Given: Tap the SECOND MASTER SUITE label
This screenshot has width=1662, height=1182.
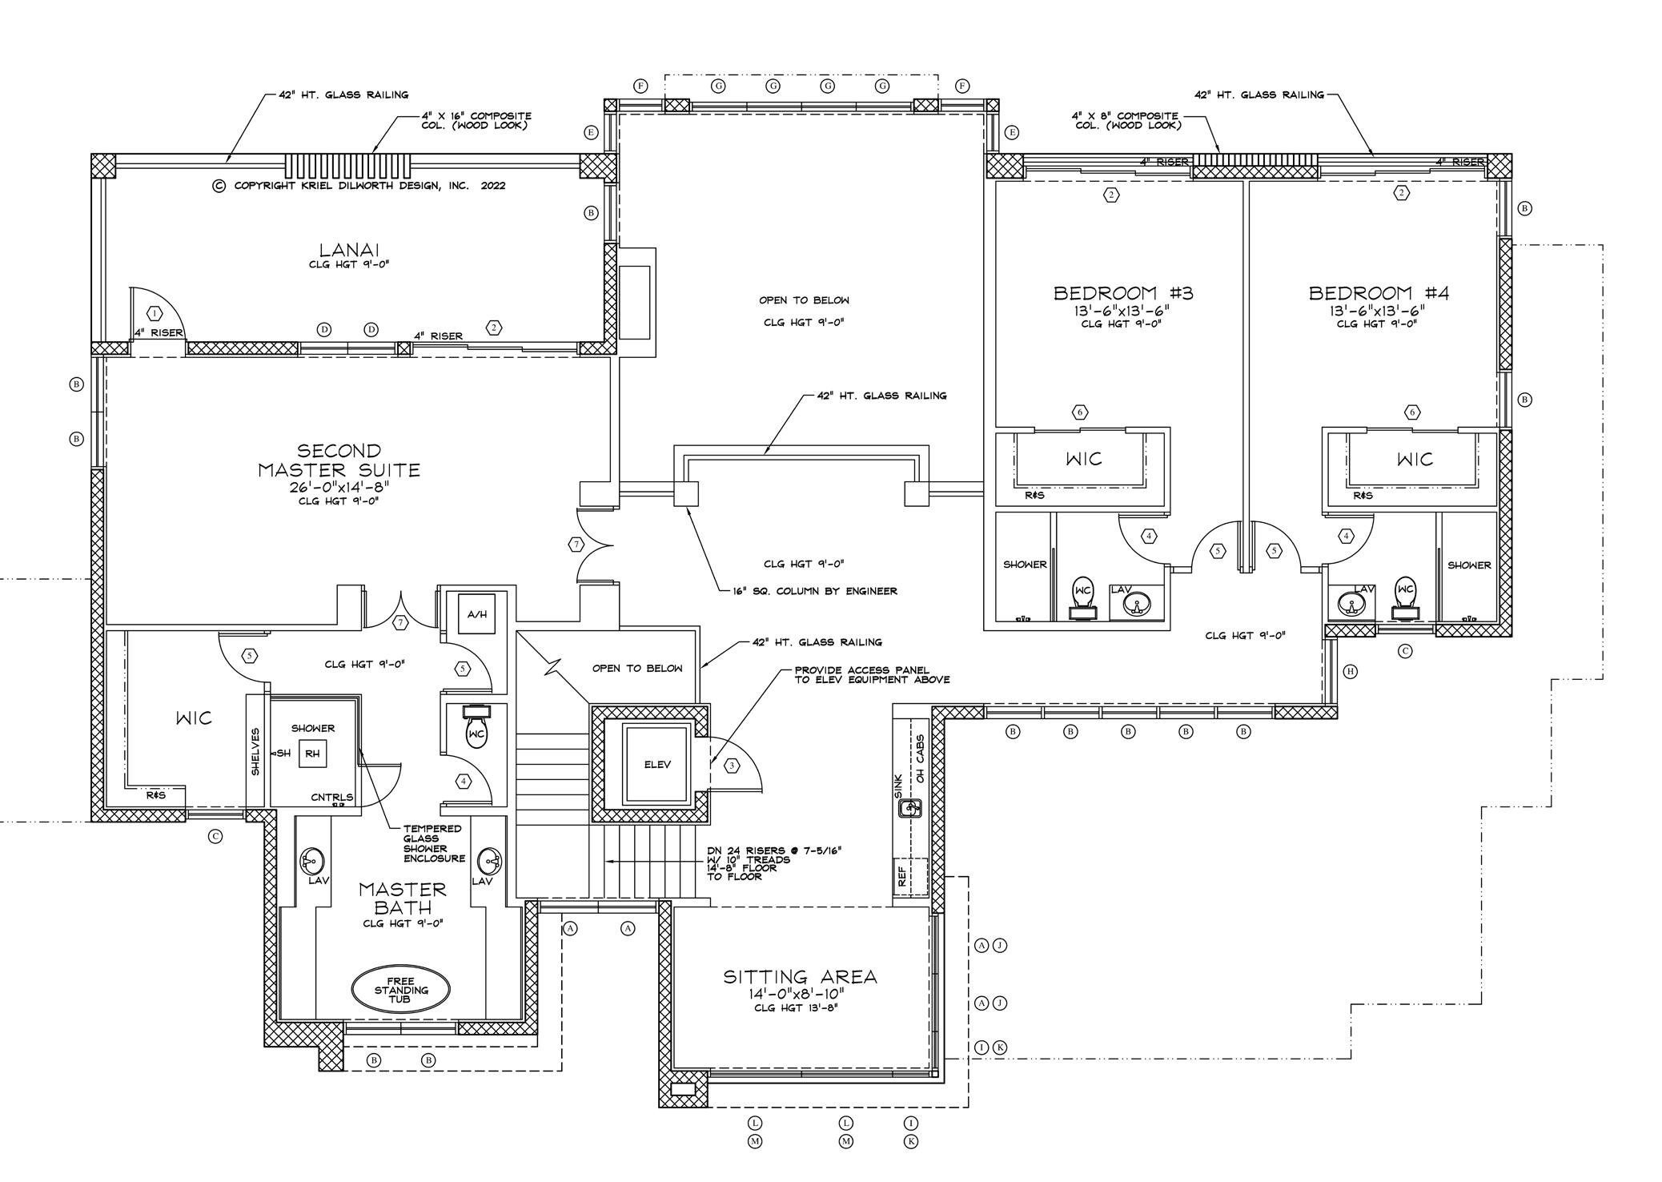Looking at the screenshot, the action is [x=339, y=461].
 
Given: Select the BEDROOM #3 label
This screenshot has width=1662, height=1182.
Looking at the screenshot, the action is [x=1122, y=293].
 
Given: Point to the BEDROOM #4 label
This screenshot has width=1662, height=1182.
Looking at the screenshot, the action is [x=1379, y=293].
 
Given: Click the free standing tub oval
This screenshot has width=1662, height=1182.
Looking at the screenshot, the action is [x=400, y=990].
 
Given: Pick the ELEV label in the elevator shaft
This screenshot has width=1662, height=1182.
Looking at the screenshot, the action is [x=657, y=765].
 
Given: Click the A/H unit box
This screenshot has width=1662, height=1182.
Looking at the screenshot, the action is [x=476, y=614].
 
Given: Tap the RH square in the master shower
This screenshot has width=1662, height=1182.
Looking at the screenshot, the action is [x=312, y=754].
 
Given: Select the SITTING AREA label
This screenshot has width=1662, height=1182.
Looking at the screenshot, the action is [x=800, y=977].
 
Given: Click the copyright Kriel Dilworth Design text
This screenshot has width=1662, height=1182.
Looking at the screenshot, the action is [x=359, y=186].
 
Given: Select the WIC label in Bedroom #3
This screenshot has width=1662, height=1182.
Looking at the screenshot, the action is [x=1083, y=459].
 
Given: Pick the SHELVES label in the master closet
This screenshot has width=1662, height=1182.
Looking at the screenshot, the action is [x=255, y=750].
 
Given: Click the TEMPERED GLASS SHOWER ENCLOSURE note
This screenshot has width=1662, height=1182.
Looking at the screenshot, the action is [x=433, y=843].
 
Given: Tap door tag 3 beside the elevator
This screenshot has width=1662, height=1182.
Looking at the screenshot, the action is [x=731, y=766].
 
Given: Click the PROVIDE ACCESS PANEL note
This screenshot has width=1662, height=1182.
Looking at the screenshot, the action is [x=871, y=675].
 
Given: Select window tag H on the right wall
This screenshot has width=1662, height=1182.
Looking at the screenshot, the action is [x=1350, y=671].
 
